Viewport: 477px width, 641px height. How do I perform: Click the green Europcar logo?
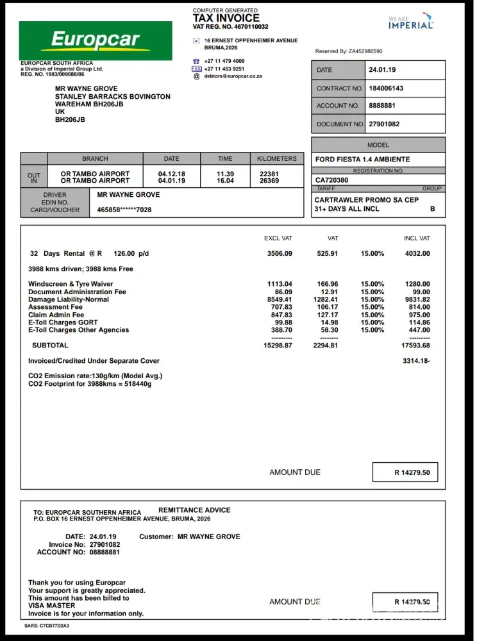point(96,40)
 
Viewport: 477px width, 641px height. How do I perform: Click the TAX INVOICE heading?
point(226,18)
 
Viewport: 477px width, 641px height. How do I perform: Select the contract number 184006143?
point(386,88)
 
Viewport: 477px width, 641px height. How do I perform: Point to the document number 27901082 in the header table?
point(384,124)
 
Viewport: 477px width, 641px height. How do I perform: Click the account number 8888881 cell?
point(382,106)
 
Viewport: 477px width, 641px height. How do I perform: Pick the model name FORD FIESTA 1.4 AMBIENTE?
point(362,160)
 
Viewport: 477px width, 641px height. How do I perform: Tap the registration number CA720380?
point(332,180)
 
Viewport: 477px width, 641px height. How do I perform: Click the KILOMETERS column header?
point(277,158)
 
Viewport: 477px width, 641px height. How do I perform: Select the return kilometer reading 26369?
point(269,181)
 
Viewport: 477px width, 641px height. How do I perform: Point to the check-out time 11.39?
point(225,174)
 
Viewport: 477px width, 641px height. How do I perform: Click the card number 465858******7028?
point(124,210)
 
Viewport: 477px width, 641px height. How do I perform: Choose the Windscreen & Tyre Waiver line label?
point(71,284)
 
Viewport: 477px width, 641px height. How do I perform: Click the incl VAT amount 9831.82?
point(417,299)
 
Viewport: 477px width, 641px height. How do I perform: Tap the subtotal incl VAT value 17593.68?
point(415,345)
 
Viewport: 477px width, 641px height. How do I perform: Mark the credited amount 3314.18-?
point(416,361)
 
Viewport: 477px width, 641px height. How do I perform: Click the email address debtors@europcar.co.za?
point(233,76)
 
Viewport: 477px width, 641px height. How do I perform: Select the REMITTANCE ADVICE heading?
point(194,510)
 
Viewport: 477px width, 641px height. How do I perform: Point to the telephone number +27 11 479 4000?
point(224,61)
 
